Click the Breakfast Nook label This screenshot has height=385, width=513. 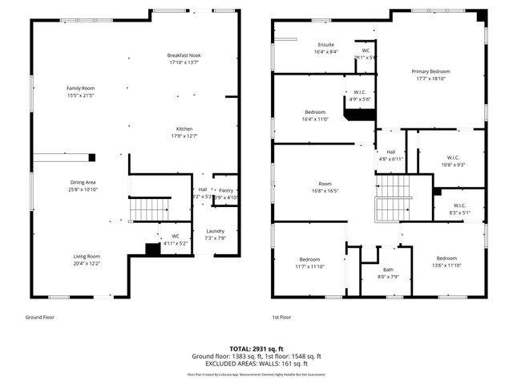184,55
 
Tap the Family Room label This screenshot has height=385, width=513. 81,87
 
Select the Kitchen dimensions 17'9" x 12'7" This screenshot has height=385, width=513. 184,136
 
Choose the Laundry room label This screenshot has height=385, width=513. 216,231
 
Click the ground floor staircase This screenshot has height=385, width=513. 149,209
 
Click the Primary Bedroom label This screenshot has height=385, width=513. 430,71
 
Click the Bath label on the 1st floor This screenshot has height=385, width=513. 388,269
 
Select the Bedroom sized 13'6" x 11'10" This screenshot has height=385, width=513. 446,258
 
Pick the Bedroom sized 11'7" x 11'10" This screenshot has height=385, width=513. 309,259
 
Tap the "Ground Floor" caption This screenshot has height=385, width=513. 40,318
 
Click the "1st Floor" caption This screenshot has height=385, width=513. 281,318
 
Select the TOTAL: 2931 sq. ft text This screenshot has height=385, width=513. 256,349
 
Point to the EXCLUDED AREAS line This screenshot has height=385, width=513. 256,363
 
